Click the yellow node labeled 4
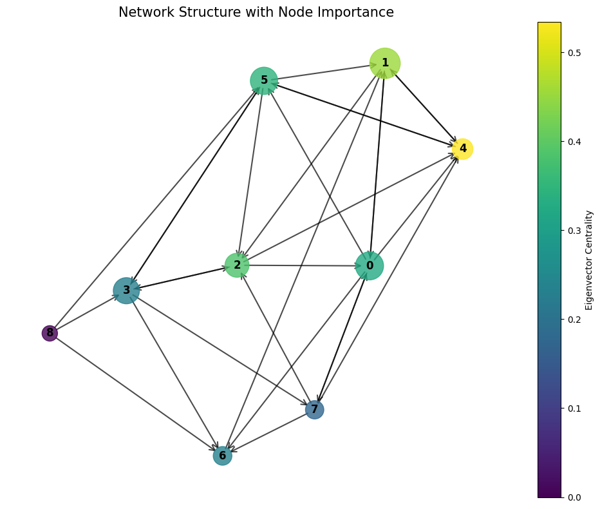[463, 149]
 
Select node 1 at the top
[385, 63]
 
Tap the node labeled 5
[264, 81]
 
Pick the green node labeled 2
[237, 265]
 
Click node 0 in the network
[370, 266]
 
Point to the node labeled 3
[126, 291]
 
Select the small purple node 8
[50, 333]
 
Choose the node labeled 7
[315, 409]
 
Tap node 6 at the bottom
[222, 456]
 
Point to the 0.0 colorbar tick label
[572, 497]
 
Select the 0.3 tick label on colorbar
[572, 231]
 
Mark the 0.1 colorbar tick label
[572, 408]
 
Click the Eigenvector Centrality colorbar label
[589, 260]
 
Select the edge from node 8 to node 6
[136, 394]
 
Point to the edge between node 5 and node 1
[324, 72]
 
